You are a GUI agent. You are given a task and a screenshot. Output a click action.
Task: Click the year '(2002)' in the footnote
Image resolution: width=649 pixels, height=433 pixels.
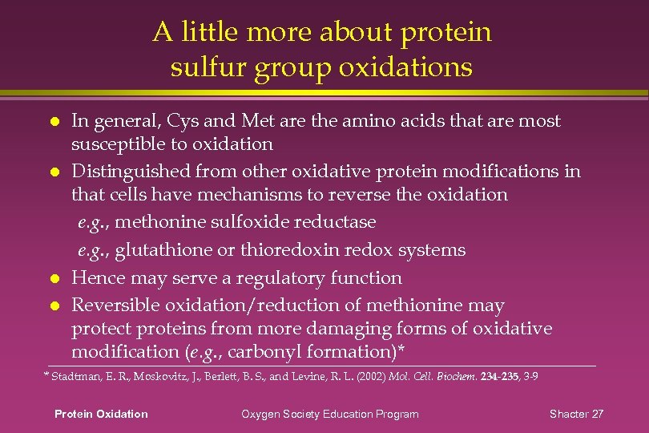tap(368, 375)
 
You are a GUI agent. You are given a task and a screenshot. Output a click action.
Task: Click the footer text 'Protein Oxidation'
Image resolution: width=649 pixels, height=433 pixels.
tap(101, 414)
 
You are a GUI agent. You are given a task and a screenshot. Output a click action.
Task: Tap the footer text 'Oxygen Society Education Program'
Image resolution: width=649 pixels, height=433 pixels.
tap(330, 414)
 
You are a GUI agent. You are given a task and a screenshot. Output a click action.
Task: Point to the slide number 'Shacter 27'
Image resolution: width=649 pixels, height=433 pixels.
tap(576, 414)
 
